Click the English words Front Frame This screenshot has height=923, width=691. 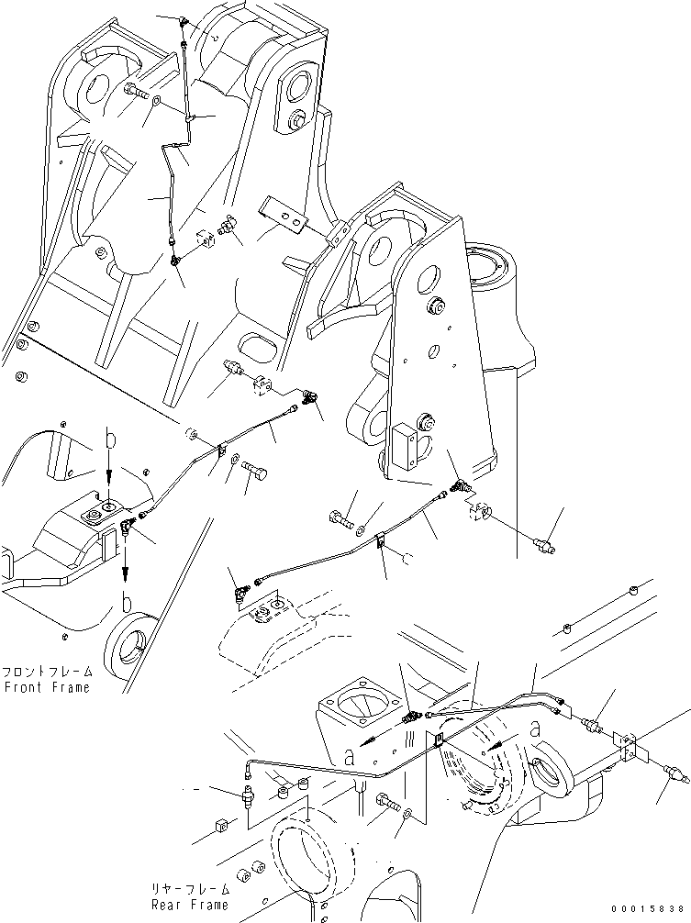point(47,687)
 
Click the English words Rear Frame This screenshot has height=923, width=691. point(192,904)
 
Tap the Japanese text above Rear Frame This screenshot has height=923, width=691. point(192,889)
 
